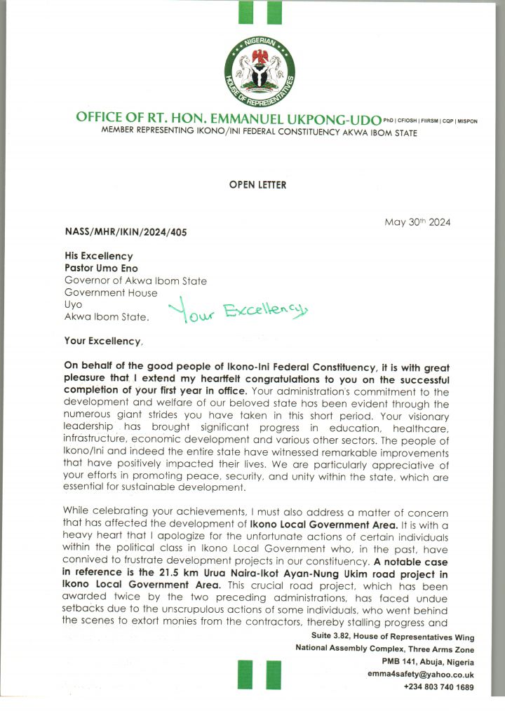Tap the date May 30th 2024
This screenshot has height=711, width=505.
[x=417, y=222]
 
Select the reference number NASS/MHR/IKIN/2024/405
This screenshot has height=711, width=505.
[x=126, y=232]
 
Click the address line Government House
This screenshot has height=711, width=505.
[x=111, y=293]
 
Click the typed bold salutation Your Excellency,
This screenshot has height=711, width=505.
[x=103, y=341]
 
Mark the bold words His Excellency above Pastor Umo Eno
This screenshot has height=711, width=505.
[x=99, y=257]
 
